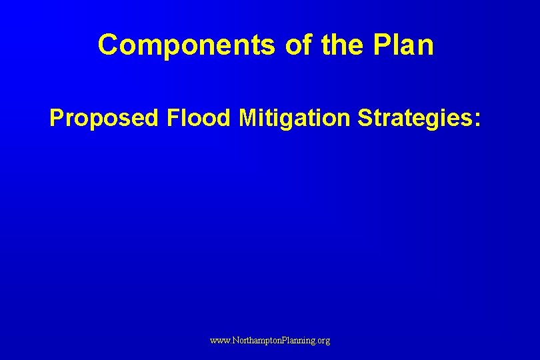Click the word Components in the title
pyautogui.click(x=184, y=45)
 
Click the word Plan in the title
pyautogui.click(x=403, y=45)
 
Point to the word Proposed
pyautogui.click(x=104, y=118)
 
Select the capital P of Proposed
pyautogui.click(x=57, y=118)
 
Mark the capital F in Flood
pyautogui.click(x=173, y=118)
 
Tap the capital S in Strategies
pyautogui.click(x=366, y=118)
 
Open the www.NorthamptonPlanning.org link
pyautogui.click(x=270, y=340)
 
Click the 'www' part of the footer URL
pyautogui.click(x=219, y=340)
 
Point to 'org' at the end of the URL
pyautogui.click(x=323, y=341)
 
